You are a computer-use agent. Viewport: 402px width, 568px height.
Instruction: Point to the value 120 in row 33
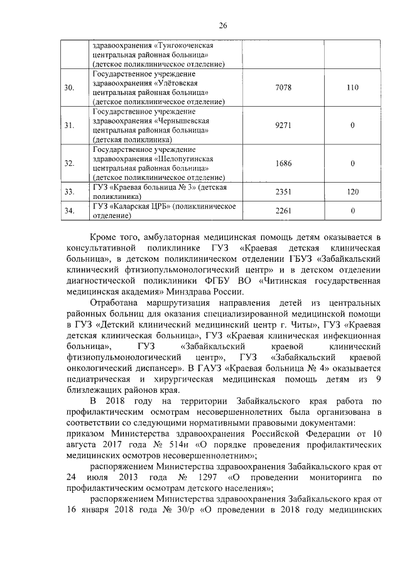352,191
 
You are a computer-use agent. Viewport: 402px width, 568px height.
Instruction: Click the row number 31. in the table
70,126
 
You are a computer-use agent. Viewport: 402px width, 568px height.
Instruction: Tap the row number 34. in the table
70,211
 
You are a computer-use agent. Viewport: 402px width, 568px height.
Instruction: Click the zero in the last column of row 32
352,163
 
